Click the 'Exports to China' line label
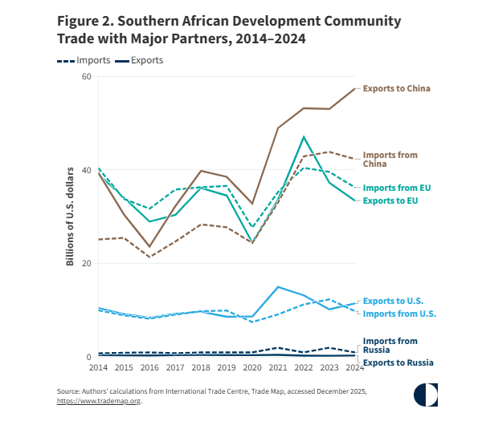tap(397, 88)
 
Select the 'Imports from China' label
tap(390, 159)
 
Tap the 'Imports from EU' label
tap(397, 188)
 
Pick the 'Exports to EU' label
tap(393, 199)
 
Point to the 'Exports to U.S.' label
tap(394, 300)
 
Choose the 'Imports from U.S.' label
tap(398, 313)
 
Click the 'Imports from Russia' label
tap(390, 346)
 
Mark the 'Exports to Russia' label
tap(398, 362)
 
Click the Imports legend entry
tap(78, 60)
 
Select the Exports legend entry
tap(139, 60)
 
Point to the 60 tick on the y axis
tap(87, 77)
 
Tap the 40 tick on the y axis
tap(87, 171)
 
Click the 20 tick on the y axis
tap(87, 264)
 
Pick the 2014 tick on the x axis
tap(98, 367)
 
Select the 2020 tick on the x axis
tap(252, 367)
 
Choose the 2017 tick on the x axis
tap(175, 367)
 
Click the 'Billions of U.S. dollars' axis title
tap(70, 217)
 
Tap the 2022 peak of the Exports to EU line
tap(304, 137)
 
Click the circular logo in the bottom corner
tap(426, 395)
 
